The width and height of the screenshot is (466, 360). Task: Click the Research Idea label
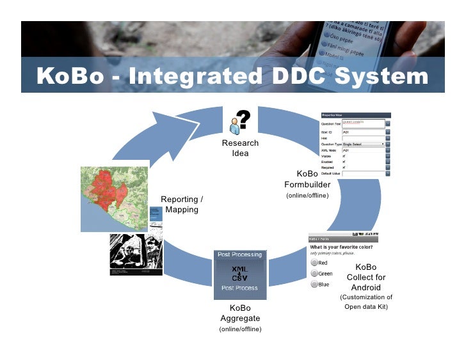[240, 148]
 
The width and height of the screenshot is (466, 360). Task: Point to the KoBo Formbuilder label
[307, 180]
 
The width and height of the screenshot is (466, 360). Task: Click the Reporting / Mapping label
[182, 205]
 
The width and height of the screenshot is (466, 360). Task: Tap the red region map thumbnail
[115, 198]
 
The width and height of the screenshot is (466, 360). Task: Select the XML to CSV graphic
[239, 274]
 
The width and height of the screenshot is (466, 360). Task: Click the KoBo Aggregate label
[240, 313]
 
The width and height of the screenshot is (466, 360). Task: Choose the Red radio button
[314, 263]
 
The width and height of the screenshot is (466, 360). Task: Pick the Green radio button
[314, 274]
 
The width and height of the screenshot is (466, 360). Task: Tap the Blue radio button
[314, 285]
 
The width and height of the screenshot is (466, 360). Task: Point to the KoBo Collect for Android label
[366, 278]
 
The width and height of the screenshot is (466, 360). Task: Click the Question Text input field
[363, 123]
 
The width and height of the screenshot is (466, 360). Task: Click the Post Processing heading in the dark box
[239, 254]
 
